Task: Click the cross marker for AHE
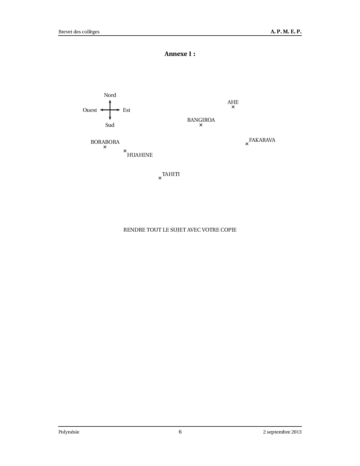click(x=233, y=107)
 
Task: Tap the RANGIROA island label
click(x=201, y=120)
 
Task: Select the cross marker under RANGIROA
click(x=201, y=125)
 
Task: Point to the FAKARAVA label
click(x=262, y=140)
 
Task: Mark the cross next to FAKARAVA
click(x=247, y=144)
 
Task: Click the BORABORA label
click(x=105, y=142)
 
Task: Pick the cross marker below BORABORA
click(x=105, y=147)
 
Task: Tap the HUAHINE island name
click(x=140, y=155)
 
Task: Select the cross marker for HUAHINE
click(x=125, y=151)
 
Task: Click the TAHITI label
click(x=171, y=174)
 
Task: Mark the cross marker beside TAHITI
click(x=160, y=178)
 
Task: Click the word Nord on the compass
click(x=110, y=95)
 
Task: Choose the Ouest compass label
click(x=90, y=110)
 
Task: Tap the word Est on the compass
click(x=126, y=110)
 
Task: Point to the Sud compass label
click(x=110, y=125)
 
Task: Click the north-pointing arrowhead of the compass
click(x=110, y=100)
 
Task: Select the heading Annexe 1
click(x=180, y=54)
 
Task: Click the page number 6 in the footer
click(x=180, y=432)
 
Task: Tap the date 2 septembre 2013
click(x=282, y=432)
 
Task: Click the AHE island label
click(x=233, y=102)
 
